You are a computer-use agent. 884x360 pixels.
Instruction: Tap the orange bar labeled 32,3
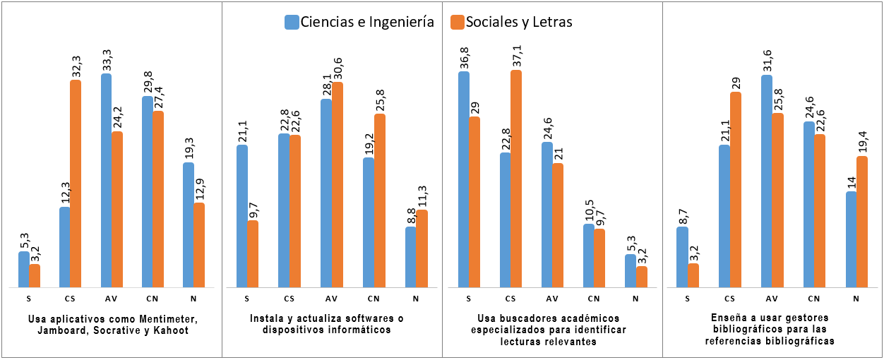pos(76,184)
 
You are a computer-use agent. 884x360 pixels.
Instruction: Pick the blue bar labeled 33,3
pos(107,180)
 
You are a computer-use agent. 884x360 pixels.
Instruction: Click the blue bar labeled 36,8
pos(464,179)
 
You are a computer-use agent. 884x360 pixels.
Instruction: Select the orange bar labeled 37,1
pos(516,179)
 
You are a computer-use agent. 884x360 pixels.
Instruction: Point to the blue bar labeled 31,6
pos(766,181)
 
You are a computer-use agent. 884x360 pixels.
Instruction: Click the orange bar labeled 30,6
pos(338,185)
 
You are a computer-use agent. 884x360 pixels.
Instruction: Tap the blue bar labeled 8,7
pos(682,257)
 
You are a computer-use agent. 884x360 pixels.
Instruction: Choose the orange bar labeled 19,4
pos(862,222)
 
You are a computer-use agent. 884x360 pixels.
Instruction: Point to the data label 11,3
pos(422,195)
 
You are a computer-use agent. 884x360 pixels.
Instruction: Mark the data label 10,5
pos(590,209)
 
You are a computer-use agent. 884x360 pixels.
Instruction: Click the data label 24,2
pos(117,116)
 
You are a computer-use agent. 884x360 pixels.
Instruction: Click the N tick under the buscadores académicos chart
pos(635,299)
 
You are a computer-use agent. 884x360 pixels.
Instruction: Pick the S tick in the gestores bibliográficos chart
pos(688,299)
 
